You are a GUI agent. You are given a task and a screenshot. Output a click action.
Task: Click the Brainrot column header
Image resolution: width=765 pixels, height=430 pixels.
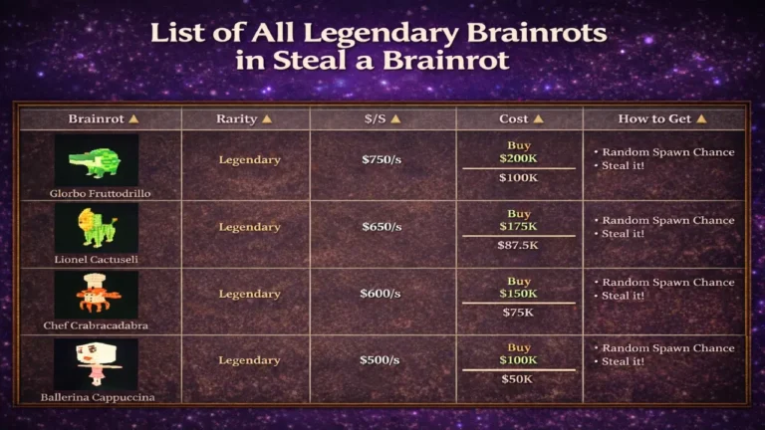pos(103,118)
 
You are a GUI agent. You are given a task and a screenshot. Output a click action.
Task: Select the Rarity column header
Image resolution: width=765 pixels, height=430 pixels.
pos(244,118)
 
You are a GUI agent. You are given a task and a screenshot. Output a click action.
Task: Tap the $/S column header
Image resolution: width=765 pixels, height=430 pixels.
pos(382,118)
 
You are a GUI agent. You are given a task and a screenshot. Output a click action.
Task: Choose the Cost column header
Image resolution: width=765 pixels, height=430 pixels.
pos(521,118)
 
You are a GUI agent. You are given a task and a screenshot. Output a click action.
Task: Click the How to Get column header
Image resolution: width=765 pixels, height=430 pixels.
pos(661,118)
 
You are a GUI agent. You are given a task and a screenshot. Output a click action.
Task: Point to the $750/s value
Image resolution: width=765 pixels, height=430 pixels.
pos(382,159)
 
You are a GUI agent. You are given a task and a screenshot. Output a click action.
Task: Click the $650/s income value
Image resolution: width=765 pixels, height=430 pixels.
pos(382,227)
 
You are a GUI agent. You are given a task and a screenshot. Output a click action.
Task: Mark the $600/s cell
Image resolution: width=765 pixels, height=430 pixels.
pos(382,294)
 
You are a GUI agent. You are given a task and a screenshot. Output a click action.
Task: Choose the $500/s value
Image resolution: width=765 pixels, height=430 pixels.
pos(382,360)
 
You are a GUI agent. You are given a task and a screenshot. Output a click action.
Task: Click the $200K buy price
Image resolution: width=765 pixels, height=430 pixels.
pos(518,158)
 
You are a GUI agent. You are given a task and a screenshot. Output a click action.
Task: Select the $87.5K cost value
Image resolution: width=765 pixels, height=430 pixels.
pos(518,245)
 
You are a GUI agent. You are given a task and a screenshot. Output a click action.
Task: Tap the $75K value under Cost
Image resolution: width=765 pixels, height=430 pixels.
pos(518,312)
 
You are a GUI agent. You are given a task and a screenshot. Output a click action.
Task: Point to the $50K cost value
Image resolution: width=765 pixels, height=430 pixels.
pos(518,379)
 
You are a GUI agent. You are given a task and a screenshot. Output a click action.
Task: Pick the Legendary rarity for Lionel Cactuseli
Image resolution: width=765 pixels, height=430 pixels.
pos(249,227)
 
